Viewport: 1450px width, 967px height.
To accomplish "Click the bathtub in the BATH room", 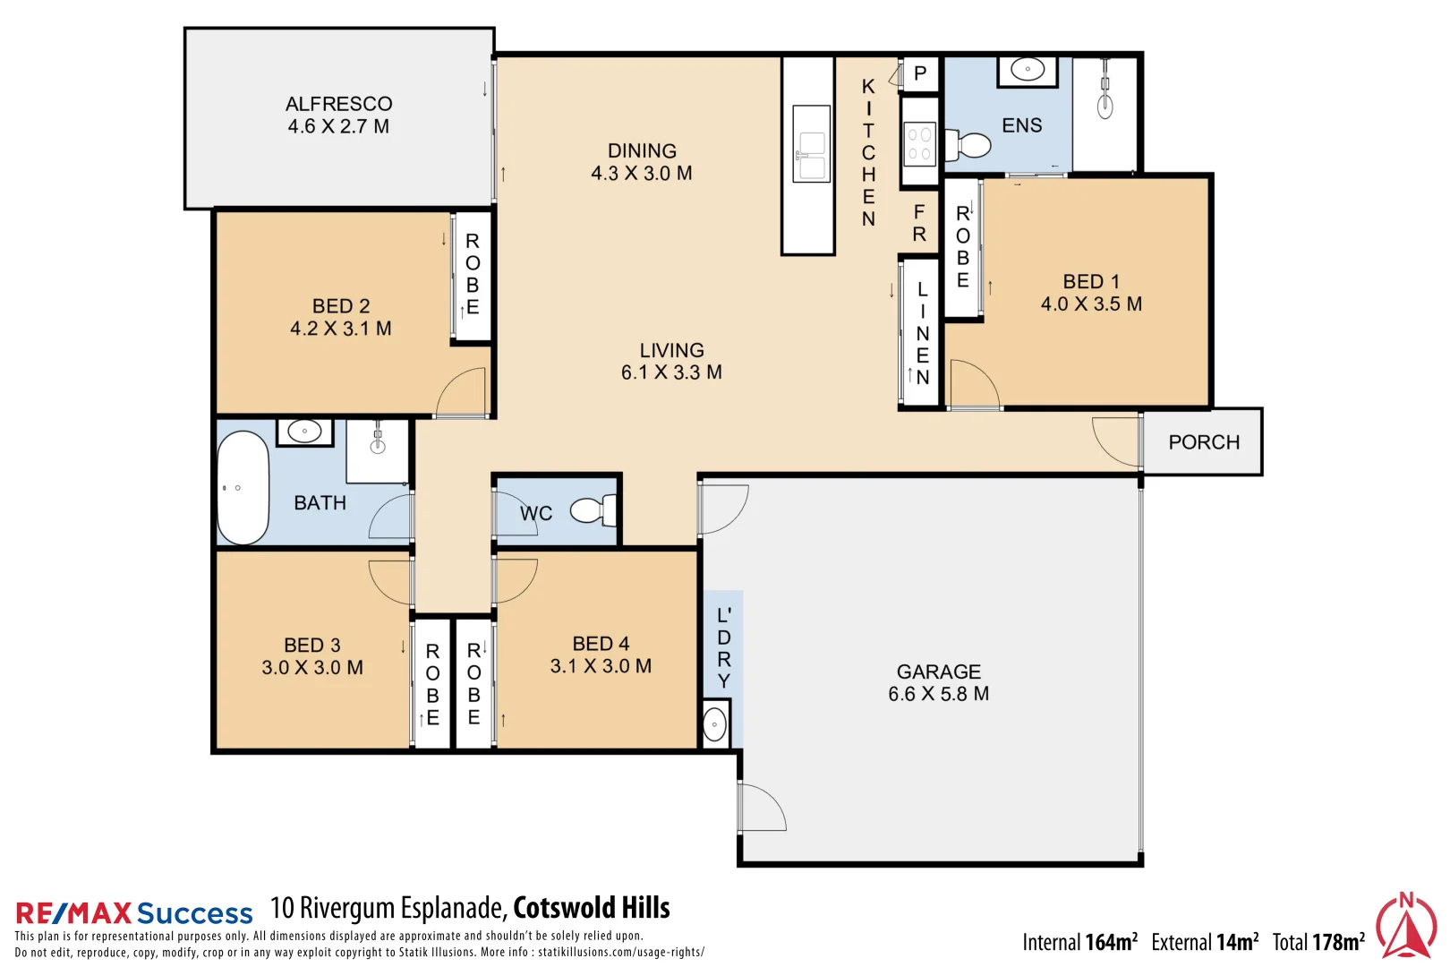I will point(243,489).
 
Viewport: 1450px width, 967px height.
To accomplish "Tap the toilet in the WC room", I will point(592,510).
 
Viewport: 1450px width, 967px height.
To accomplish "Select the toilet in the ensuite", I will point(970,145).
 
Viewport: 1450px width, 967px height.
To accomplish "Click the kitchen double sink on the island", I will point(811,155).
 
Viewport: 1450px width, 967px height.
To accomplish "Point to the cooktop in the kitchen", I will point(919,144).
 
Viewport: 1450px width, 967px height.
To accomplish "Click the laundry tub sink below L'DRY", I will point(715,724).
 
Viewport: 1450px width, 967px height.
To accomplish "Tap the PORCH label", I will point(1204,442).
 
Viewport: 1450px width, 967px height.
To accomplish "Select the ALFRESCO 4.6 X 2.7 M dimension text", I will point(338,127).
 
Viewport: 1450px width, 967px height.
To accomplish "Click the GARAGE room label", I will point(938,672).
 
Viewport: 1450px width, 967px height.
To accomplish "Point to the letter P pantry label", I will point(920,73).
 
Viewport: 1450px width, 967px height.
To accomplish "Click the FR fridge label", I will point(919,223).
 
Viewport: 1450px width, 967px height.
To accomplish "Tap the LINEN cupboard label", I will point(922,333).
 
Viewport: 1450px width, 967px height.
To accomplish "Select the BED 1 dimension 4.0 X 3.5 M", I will point(1091,304).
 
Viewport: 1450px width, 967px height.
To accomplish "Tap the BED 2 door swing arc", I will point(461,393).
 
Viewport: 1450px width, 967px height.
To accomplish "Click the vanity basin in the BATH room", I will point(304,432).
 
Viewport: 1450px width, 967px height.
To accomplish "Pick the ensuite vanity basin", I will point(1028,70).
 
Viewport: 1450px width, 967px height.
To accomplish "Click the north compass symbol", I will point(1405,926).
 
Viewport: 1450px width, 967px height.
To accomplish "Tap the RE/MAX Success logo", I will point(134,913).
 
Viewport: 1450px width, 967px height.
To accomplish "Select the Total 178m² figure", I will point(1318,942).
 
